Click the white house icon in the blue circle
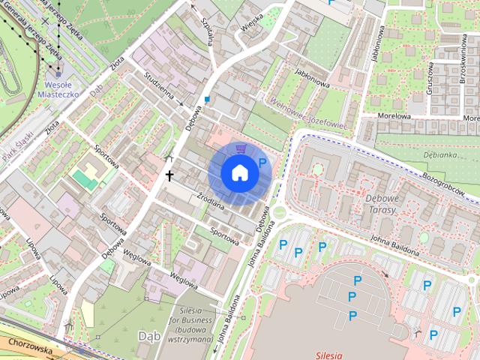coord(240,172)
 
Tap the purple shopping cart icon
coord(240,148)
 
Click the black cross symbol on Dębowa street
coord(169,176)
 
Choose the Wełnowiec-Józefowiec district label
coord(307,115)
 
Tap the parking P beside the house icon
coord(262,163)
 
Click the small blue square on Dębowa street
coord(207,98)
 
